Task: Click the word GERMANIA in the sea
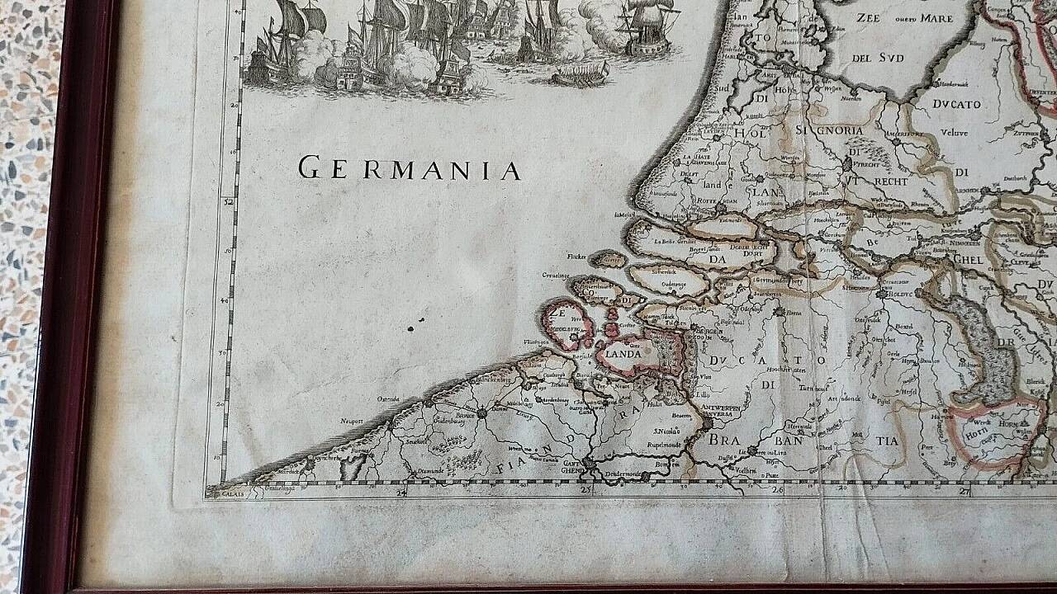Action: tap(409, 169)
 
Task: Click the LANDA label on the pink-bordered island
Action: tap(624, 354)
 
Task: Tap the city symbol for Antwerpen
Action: tap(706, 422)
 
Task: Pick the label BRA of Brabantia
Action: tap(723, 440)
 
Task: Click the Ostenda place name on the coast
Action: tap(388, 399)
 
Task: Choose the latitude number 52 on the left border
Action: tap(230, 200)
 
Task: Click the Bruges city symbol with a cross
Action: tap(481, 412)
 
